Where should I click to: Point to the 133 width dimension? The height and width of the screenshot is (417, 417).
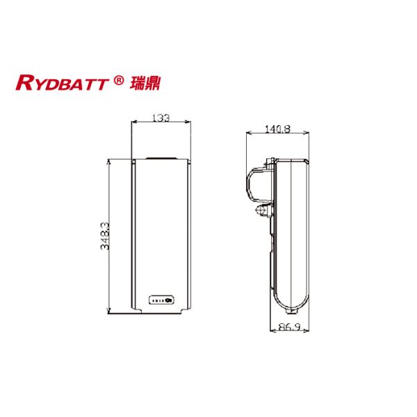161,119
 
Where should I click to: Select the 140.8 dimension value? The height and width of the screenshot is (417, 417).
277,129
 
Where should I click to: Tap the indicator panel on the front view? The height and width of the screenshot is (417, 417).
163,302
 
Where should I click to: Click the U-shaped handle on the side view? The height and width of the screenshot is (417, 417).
252,184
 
